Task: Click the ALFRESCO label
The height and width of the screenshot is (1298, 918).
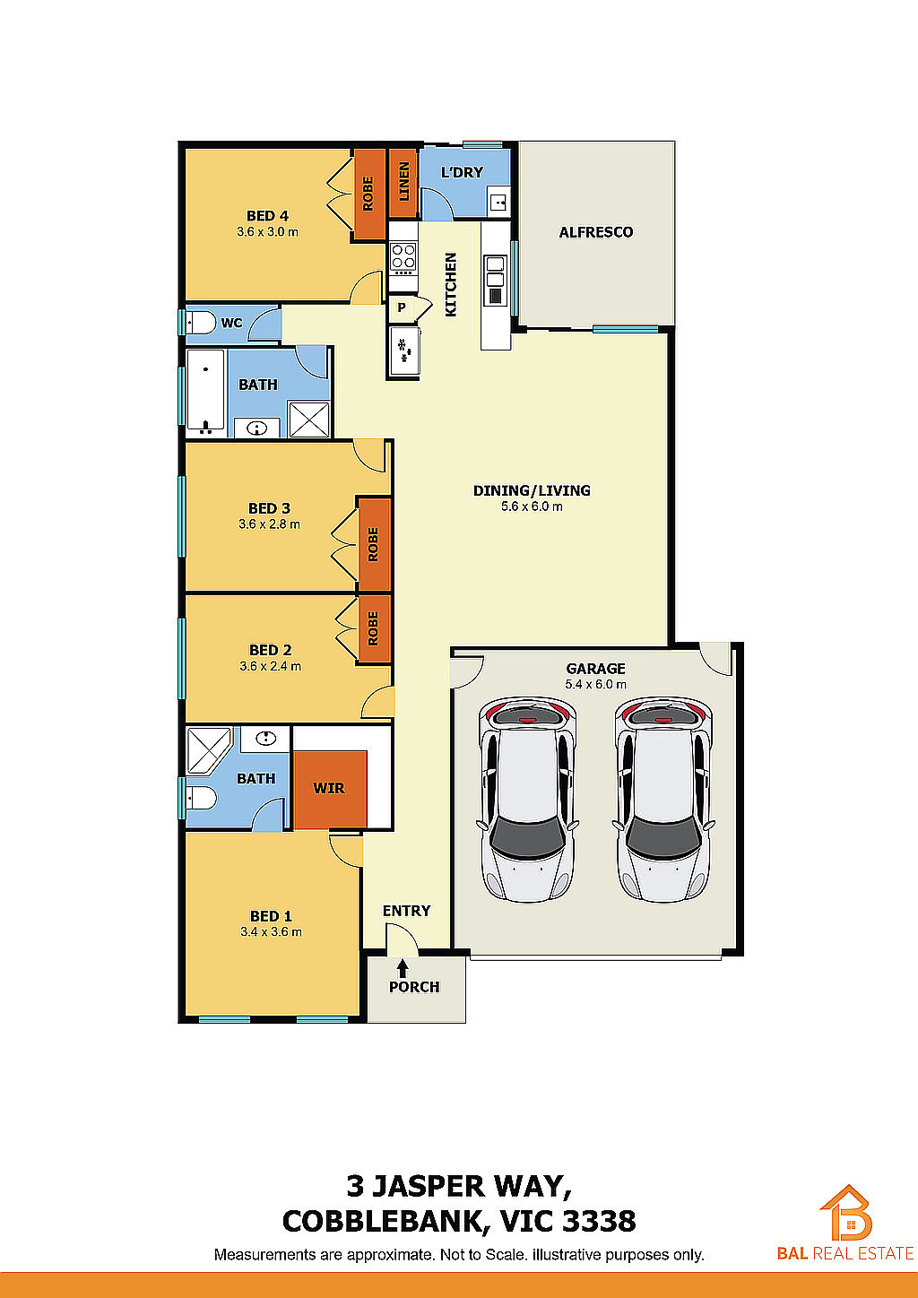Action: (x=596, y=232)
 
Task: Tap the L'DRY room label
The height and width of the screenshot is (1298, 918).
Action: (x=462, y=172)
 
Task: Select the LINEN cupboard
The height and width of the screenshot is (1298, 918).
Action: (x=403, y=183)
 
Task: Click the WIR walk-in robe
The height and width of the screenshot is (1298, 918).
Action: (x=330, y=789)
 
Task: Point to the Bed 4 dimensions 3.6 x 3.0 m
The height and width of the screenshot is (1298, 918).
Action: (x=267, y=232)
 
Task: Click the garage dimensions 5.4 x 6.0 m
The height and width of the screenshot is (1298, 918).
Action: (x=596, y=684)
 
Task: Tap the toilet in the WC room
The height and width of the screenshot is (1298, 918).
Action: (x=200, y=323)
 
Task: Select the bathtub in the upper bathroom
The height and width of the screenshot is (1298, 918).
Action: (x=205, y=392)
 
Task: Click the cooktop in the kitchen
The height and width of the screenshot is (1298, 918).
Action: (x=403, y=258)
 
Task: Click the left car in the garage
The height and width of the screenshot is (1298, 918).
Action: (x=527, y=799)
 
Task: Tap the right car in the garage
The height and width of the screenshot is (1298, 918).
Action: (x=663, y=799)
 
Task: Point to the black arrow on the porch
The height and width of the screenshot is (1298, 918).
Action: (x=403, y=968)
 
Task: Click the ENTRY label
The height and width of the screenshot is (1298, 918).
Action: (x=406, y=911)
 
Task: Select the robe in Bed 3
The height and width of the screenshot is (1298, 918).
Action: (x=374, y=544)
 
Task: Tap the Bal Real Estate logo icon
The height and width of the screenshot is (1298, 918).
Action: (x=846, y=1212)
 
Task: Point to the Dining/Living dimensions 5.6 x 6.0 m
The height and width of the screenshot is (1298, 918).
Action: (x=532, y=506)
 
